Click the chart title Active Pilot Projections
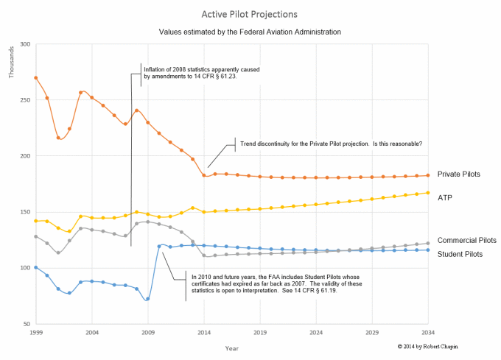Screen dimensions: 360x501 [250, 14]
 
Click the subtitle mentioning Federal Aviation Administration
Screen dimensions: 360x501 [250, 32]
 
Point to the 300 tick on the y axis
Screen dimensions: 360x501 [24, 44]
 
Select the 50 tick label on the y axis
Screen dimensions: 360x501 [27, 324]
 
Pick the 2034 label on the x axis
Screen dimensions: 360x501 [428, 333]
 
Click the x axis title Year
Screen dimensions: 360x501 [232, 347]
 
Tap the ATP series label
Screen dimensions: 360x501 [444, 197]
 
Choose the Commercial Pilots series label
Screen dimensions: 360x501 [466, 240]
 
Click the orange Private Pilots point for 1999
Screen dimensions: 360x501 [36, 78]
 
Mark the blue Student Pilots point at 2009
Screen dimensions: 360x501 [148, 299]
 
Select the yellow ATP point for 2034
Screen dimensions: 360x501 [428, 193]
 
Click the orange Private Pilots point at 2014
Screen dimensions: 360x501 [204, 175]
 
